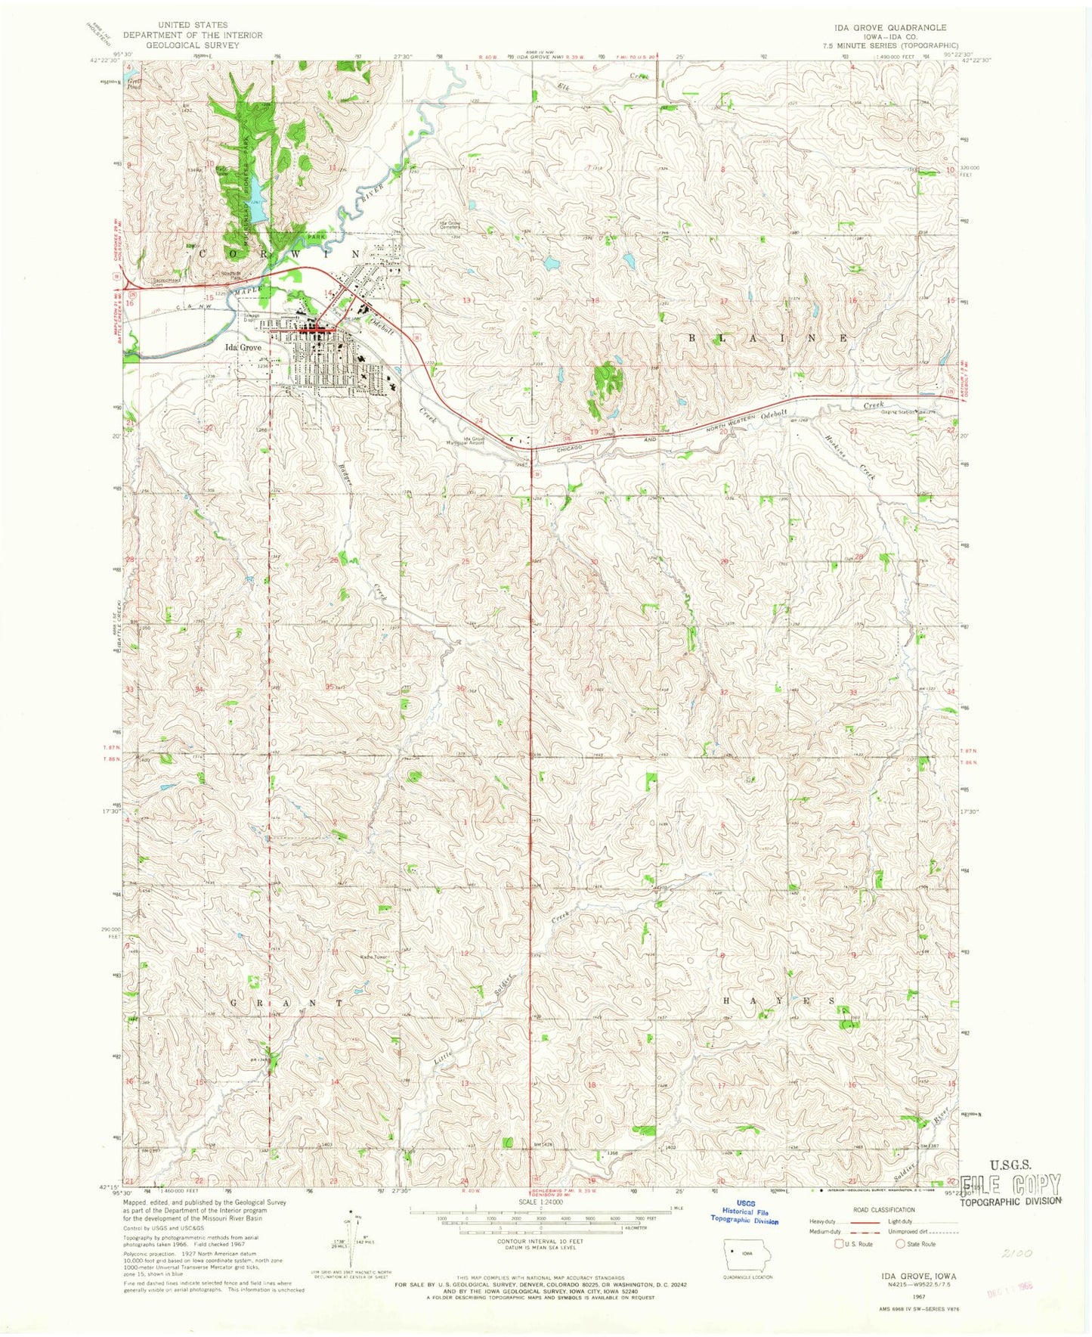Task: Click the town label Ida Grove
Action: click(243, 347)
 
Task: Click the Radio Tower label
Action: click(373, 957)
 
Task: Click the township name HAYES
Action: click(780, 1000)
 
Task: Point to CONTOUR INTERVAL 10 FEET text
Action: click(540, 1241)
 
